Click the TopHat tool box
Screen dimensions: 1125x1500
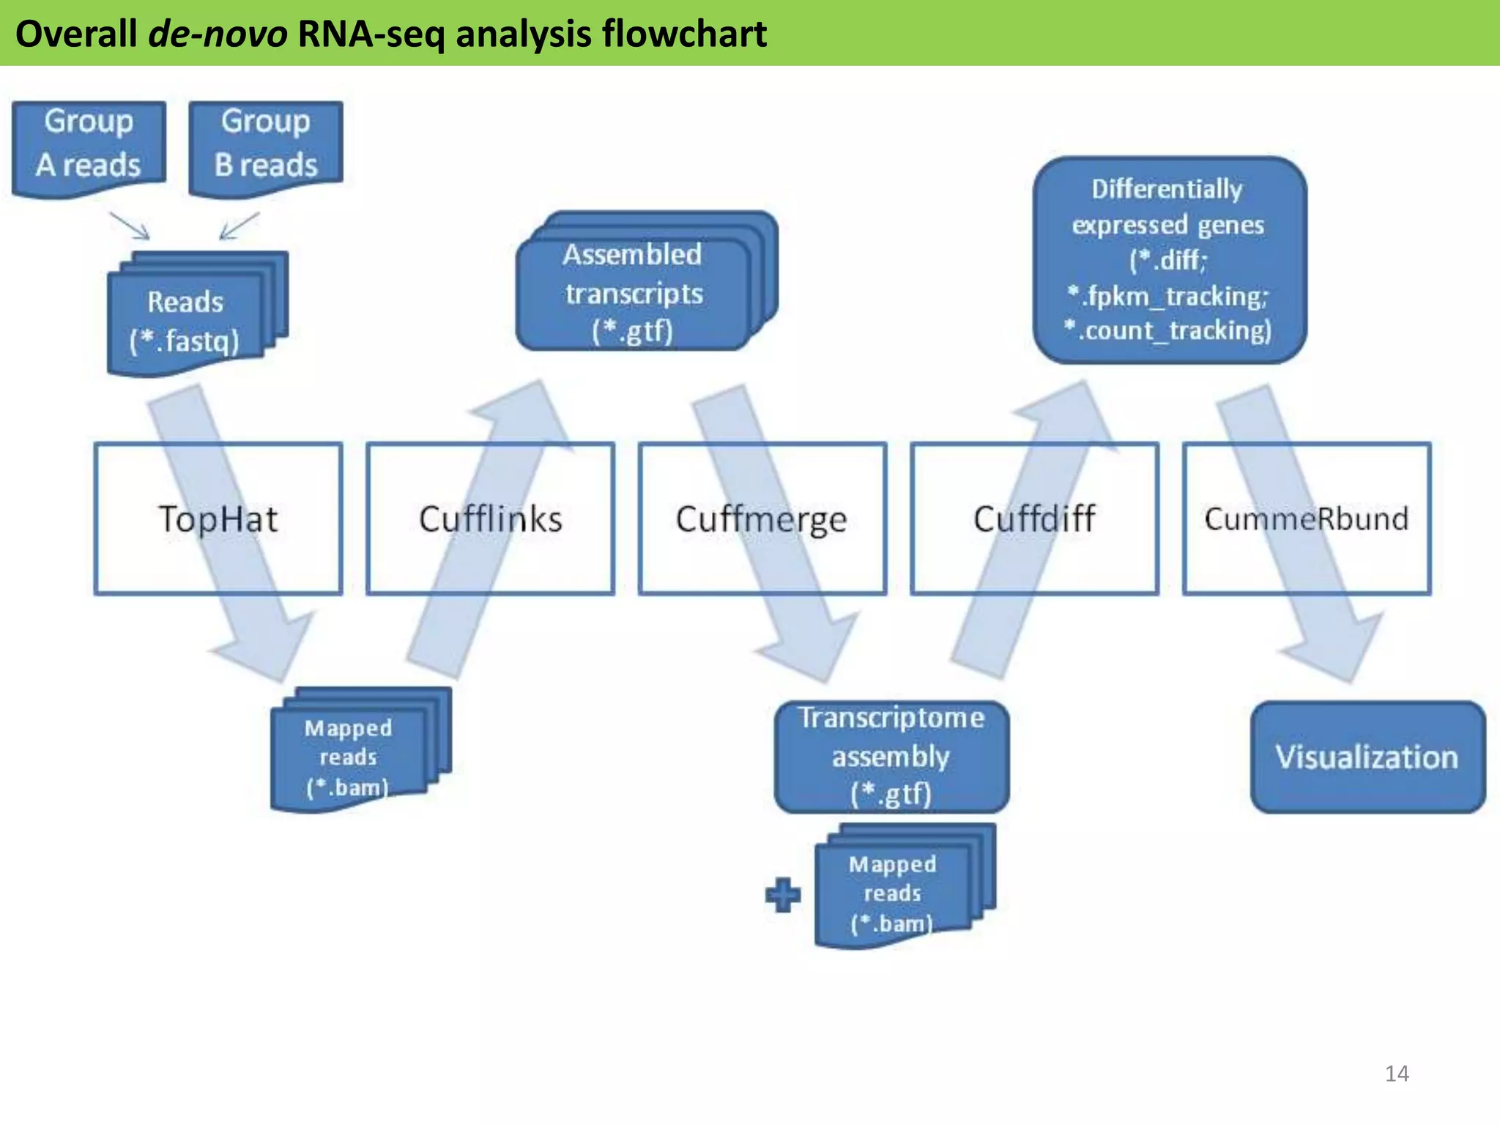(218, 519)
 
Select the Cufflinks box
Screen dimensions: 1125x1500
(490, 519)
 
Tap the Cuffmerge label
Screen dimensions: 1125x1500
(762, 519)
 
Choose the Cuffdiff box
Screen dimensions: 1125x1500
(1034, 519)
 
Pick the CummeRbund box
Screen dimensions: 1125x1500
(1306, 519)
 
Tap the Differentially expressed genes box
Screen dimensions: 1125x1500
(1169, 260)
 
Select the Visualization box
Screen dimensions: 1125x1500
(1367, 757)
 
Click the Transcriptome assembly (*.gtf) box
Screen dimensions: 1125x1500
(891, 757)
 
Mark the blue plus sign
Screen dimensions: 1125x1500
(783, 895)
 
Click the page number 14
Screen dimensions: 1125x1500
(1396, 1073)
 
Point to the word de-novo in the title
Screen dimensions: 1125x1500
(218, 34)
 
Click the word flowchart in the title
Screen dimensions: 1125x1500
(684, 34)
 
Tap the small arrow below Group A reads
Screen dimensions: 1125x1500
(130, 226)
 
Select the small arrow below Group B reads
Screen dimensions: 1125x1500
(239, 226)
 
